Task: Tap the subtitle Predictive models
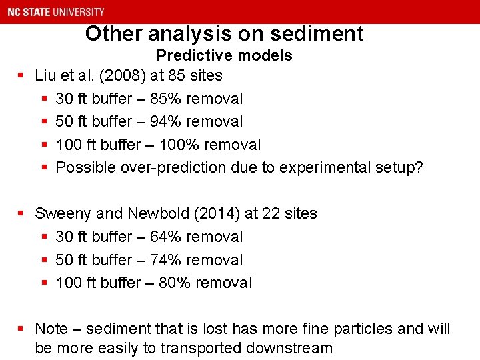[224, 55]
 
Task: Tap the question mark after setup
[419, 167]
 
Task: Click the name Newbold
[159, 213]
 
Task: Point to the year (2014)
[219, 213]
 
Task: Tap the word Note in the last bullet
[51, 329]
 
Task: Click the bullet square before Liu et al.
[21, 75]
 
